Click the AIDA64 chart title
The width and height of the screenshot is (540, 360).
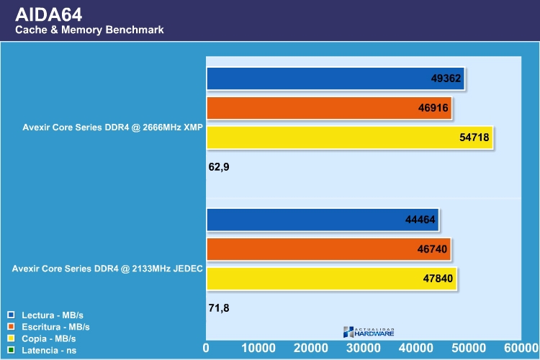point(50,13)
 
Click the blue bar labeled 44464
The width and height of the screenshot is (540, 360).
point(323,220)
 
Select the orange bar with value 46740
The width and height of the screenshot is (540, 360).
point(329,249)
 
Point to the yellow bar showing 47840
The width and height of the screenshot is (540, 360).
point(332,279)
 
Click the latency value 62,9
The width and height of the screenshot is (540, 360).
point(220,167)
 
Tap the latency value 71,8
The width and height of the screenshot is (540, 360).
point(220,308)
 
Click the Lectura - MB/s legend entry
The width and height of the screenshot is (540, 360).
point(51,315)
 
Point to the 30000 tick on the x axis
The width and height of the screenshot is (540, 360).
point(364,348)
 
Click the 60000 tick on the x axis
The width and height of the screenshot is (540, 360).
point(521,348)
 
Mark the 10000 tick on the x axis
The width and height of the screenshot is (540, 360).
point(259,348)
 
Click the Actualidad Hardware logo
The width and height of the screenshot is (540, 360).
point(369,331)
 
